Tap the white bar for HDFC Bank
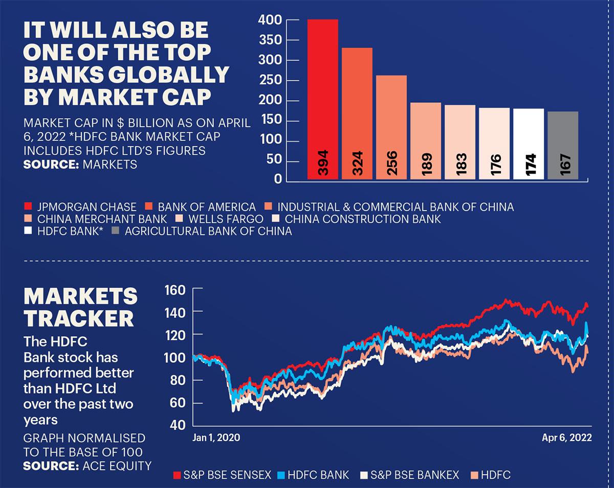click(x=528, y=144)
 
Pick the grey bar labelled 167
click(x=562, y=145)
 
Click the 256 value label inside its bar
click(x=392, y=163)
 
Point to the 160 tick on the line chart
click(x=173, y=290)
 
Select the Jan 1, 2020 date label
click(x=216, y=438)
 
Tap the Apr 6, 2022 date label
click(x=567, y=438)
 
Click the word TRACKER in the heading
click(x=79, y=318)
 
